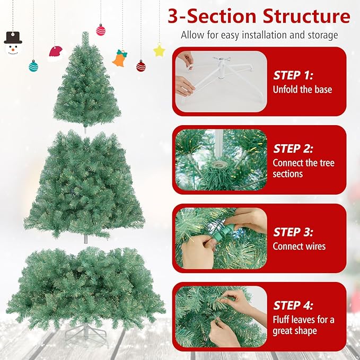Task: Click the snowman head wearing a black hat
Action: (13, 44)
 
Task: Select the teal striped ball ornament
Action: (33, 66)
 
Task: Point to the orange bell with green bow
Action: (120, 58)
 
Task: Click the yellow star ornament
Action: (159, 50)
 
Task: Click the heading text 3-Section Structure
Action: (259, 16)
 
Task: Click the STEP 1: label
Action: (294, 75)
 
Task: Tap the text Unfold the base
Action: (302, 89)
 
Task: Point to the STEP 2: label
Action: (294, 149)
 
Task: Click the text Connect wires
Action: (299, 246)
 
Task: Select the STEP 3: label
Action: (294, 232)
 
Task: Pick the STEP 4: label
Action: (294, 305)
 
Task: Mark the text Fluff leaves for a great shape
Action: (303, 325)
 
